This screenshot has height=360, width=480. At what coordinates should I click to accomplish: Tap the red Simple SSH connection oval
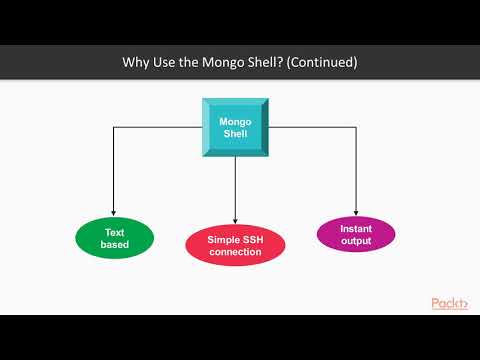pyautogui.click(x=235, y=246)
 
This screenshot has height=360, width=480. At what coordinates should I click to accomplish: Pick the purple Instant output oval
pyautogui.click(x=356, y=235)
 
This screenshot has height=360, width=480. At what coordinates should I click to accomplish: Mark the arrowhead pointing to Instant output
pyautogui.click(x=356, y=210)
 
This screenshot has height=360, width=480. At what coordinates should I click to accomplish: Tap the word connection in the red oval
pyautogui.click(x=235, y=252)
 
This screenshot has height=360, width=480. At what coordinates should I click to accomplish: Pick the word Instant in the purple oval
pyautogui.click(x=356, y=228)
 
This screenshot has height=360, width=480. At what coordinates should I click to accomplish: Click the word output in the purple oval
pyautogui.click(x=356, y=241)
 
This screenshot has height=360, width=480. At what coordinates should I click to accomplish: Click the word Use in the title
pyautogui.click(x=168, y=62)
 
